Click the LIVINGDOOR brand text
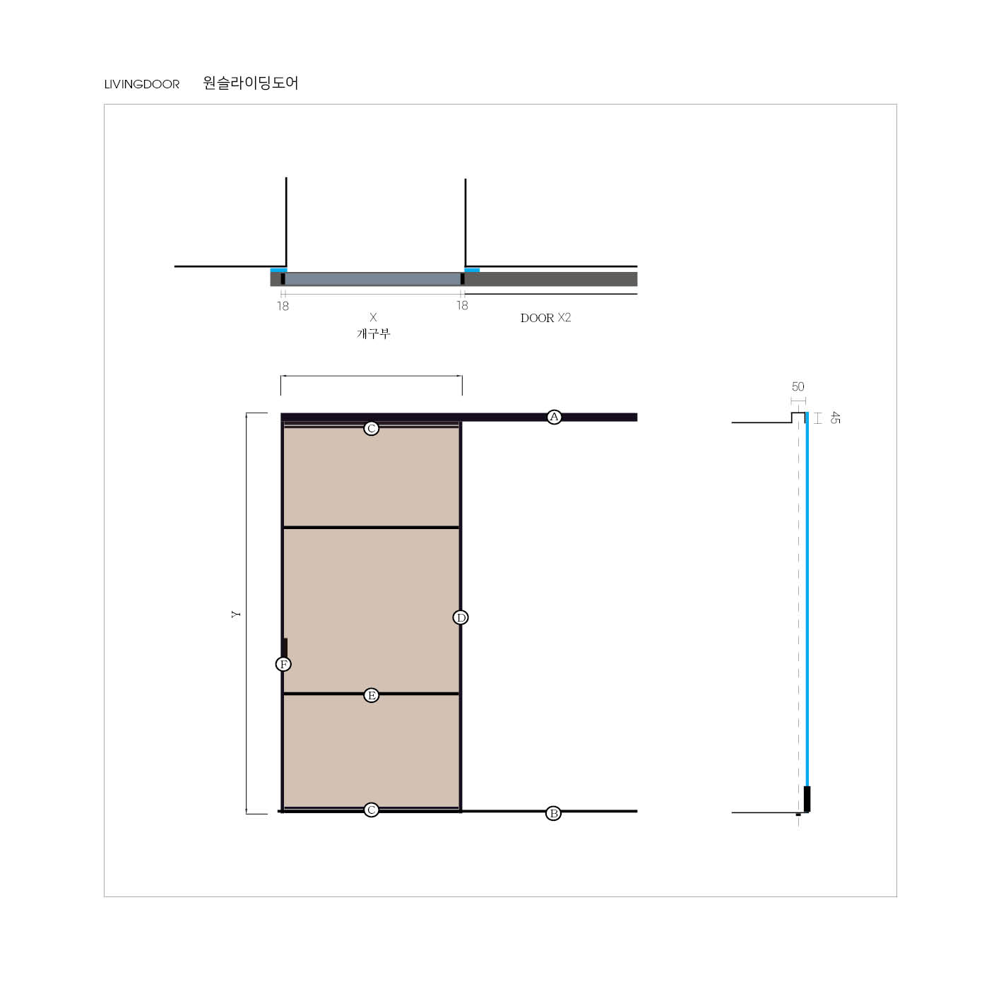(x=142, y=84)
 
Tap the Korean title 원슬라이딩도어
(x=250, y=83)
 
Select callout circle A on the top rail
(x=555, y=417)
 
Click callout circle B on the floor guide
(x=553, y=814)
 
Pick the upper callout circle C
(x=371, y=429)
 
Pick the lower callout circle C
(x=371, y=810)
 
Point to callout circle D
(x=461, y=617)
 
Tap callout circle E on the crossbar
(x=371, y=696)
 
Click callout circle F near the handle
(x=283, y=664)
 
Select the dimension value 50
(x=798, y=386)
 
